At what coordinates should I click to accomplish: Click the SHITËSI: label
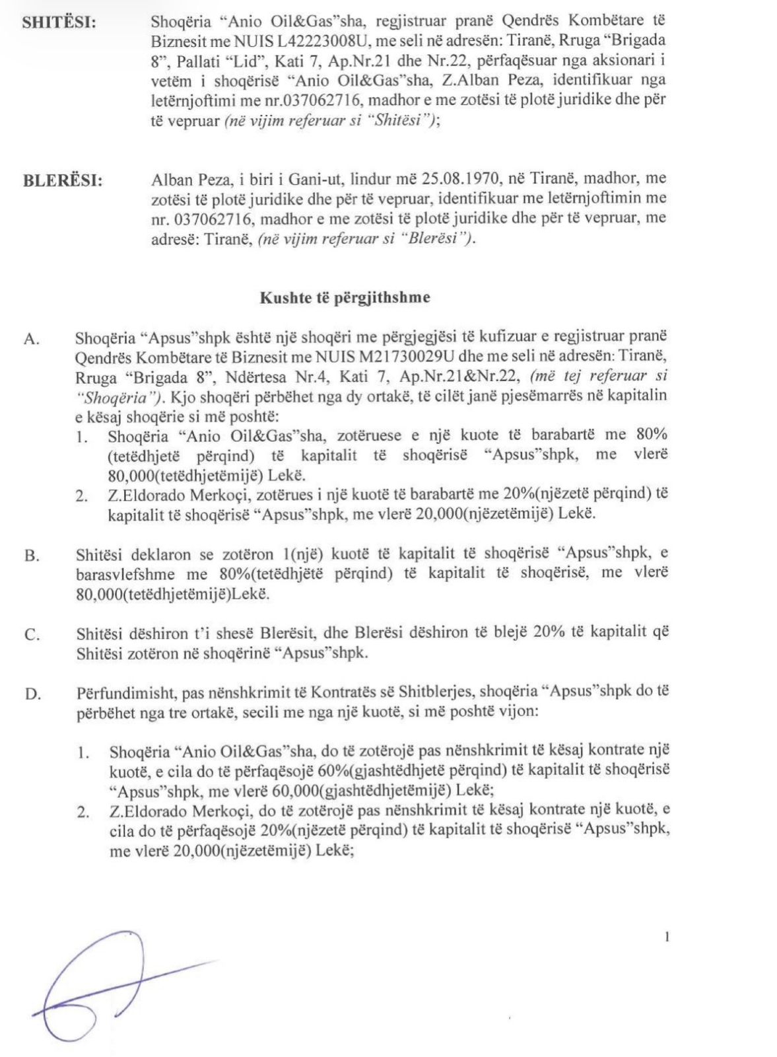pyautogui.click(x=59, y=23)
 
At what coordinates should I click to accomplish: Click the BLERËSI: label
pyautogui.click(x=63, y=180)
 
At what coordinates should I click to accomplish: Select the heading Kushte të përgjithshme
pyautogui.click(x=345, y=297)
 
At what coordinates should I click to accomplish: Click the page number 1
pyautogui.click(x=667, y=936)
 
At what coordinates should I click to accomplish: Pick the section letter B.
pyautogui.click(x=31, y=556)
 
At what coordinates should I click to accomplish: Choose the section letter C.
pyautogui.click(x=31, y=635)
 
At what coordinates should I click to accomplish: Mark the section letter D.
pyautogui.click(x=31, y=694)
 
